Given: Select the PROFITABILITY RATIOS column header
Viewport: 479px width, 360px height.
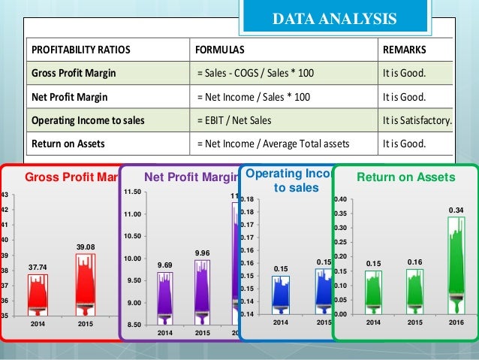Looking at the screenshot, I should coord(80,50).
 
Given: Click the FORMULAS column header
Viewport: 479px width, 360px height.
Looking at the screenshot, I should coord(220,50).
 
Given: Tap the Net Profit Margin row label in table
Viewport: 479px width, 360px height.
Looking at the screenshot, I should coord(70,97).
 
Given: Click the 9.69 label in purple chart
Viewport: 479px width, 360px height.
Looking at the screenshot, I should coord(164,265).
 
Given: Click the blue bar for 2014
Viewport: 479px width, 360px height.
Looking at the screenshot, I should coord(281,295).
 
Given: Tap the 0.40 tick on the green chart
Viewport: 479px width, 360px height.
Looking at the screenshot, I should coord(340,199).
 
